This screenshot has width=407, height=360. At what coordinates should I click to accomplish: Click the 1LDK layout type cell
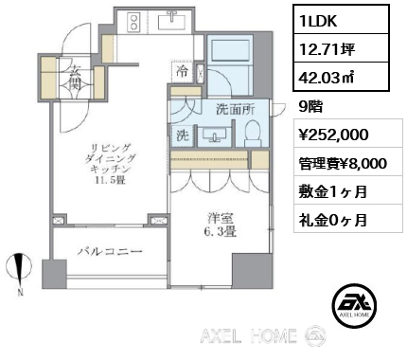tap(341, 19)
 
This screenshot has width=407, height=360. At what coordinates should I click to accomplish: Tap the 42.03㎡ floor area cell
tap(341, 77)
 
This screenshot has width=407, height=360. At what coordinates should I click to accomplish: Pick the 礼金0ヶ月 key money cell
tap(348, 218)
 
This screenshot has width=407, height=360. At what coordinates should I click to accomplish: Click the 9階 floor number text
tap(310, 107)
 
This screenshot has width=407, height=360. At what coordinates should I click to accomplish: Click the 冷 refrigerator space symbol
tap(183, 71)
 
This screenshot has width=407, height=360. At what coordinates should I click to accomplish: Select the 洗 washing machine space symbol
tap(183, 135)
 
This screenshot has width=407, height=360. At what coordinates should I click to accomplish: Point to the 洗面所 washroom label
tap(236, 109)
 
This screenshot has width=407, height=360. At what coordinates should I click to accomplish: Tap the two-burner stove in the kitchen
tap(133, 22)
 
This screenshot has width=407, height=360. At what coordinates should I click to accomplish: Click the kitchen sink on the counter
tap(171, 21)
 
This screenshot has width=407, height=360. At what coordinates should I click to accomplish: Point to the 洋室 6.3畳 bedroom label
tap(221, 225)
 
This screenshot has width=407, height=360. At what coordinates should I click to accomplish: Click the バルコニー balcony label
tap(110, 252)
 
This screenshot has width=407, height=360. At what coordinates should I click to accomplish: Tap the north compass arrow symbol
tap(20, 271)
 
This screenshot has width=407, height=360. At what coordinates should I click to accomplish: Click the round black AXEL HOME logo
tap(354, 305)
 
